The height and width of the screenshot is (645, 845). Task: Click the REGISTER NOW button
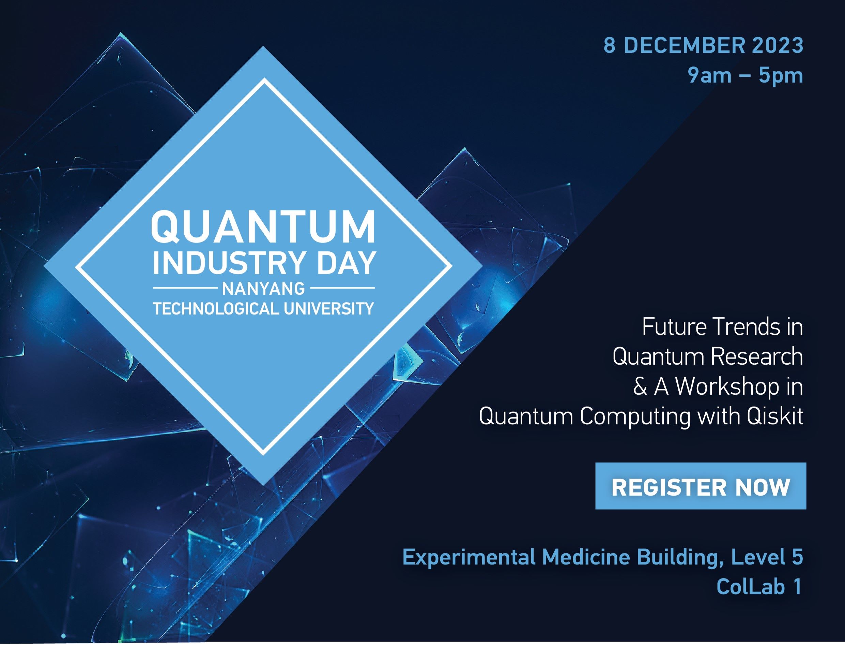(x=701, y=486)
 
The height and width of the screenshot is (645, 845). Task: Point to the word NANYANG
(x=263, y=289)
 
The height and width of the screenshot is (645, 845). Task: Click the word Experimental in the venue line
(x=469, y=557)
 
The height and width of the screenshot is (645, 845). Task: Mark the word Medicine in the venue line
(x=586, y=557)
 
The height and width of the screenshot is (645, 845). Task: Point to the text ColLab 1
(x=759, y=587)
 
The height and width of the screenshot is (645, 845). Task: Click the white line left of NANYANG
(x=185, y=288)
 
